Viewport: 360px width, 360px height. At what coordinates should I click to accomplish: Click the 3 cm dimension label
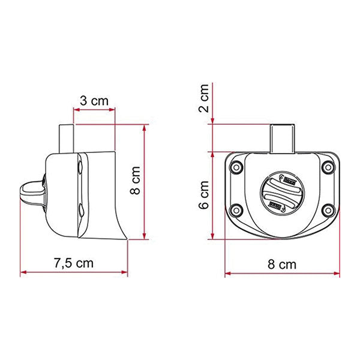point(94,100)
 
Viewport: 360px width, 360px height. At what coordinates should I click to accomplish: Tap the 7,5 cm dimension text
point(73,263)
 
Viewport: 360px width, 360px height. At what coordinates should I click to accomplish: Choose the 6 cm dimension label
point(204,195)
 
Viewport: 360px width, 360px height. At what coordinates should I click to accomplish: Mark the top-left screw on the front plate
point(236,166)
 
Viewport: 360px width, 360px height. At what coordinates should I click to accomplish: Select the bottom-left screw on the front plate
point(236,209)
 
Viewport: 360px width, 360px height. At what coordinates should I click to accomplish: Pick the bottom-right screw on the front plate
point(327,209)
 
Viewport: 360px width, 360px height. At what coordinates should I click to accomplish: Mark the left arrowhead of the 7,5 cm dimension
point(23,273)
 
